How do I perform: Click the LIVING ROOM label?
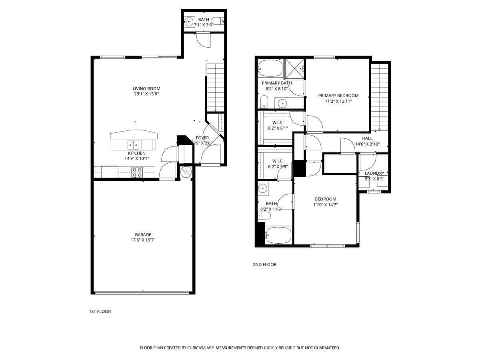pyautogui.click(x=146, y=89)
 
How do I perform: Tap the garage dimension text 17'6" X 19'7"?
pyautogui.click(x=143, y=240)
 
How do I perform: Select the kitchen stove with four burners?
pyautogui.click(x=137, y=172)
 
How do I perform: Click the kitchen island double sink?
pyautogui.click(x=134, y=144)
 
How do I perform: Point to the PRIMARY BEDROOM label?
pyautogui.click(x=338, y=96)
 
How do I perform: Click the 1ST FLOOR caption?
pyautogui.click(x=100, y=311)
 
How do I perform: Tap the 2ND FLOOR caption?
pyautogui.click(x=264, y=264)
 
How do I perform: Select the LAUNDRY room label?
pyautogui.click(x=374, y=173)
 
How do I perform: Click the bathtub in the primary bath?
pyautogui.click(x=270, y=68)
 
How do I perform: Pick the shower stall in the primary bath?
pyautogui.click(x=294, y=68)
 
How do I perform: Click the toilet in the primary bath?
pyautogui.click(x=264, y=102)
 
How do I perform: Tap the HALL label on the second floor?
pyautogui.click(x=367, y=138)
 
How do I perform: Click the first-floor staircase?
pyautogui.click(x=215, y=86)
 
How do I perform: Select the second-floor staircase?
pyautogui.click(x=380, y=96)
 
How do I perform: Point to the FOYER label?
pyautogui.click(x=202, y=138)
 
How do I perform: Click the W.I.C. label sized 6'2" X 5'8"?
pyautogui.click(x=278, y=161)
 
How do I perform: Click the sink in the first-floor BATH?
pyautogui.click(x=190, y=22)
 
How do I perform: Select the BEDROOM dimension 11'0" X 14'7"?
pyautogui.click(x=325, y=204)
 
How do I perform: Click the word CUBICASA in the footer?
pyautogui.click(x=196, y=348)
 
